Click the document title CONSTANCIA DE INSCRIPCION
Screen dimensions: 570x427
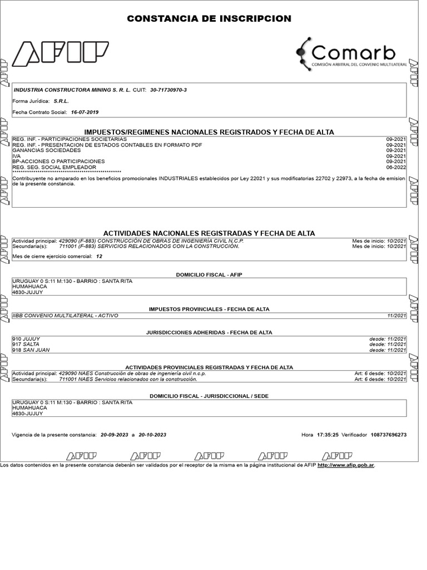pos(209,19)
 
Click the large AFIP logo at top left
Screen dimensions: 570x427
pos(60,53)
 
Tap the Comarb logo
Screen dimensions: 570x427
pos(351,53)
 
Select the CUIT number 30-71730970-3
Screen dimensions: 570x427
pos(168,90)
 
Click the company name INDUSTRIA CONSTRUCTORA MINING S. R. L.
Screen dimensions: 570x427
pos(72,90)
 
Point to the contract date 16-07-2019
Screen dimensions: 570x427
pos(85,112)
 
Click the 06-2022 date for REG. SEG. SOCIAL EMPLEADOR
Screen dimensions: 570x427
pos(396,167)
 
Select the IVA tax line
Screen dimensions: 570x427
pos(16,156)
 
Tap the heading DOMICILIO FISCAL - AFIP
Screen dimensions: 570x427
pos(209,275)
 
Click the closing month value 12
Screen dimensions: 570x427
pos(99,257)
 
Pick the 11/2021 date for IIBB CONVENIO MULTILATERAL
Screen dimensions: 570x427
pos(397,316)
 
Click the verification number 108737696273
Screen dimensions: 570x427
pos(389,435)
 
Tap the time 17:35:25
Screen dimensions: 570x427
pos(327,435)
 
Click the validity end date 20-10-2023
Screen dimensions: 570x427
pos(152,435)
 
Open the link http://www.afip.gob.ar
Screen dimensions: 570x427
pos(346,465)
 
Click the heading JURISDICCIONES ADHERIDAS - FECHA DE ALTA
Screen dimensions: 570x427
pos(209,332)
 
